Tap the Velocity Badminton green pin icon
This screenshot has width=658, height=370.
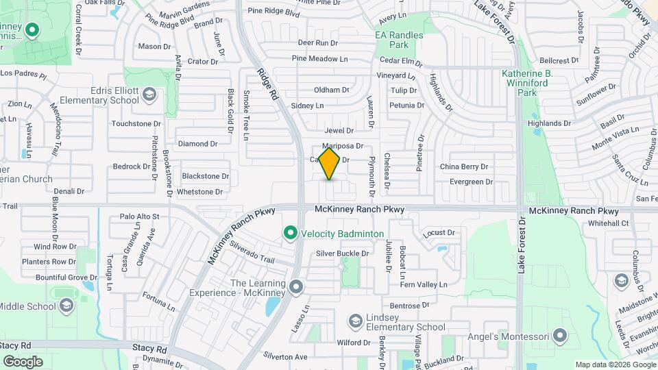[x=290, y=234]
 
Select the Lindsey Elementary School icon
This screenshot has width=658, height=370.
[x=355, y=321]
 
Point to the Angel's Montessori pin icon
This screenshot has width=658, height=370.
[x=561, y=336]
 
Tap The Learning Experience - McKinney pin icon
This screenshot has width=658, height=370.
[x=296, y=288]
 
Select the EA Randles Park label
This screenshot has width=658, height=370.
[x=400, y=40]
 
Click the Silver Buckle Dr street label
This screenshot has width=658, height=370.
[x=342, y=254]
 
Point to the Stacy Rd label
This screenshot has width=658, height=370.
[x=16, y=346]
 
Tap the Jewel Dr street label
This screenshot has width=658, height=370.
[x=339, y=130]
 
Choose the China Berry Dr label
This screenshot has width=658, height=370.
[x=463, y=166]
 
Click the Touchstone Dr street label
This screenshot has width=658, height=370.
[x=136, y=124]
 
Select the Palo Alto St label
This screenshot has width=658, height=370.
[x=139, y=217]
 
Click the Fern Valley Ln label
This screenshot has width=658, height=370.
[x=423, y=284]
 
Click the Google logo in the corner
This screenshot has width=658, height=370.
[x=23, y=361]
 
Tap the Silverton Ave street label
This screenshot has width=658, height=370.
[x=286, y=357]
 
